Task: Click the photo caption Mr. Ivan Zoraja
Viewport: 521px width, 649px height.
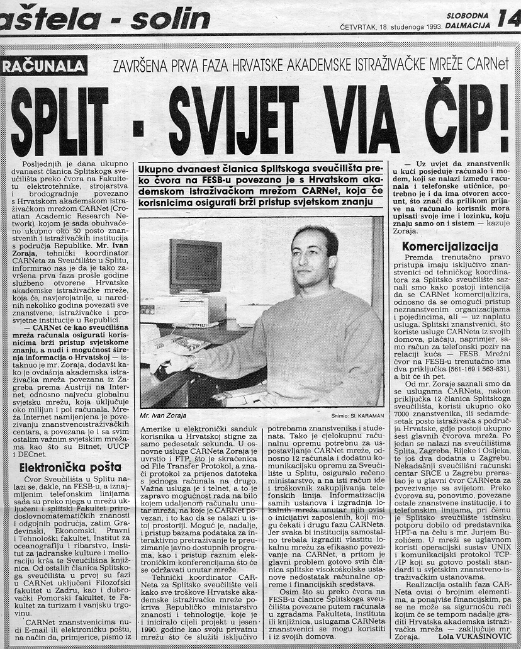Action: click(x=163, y=416)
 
